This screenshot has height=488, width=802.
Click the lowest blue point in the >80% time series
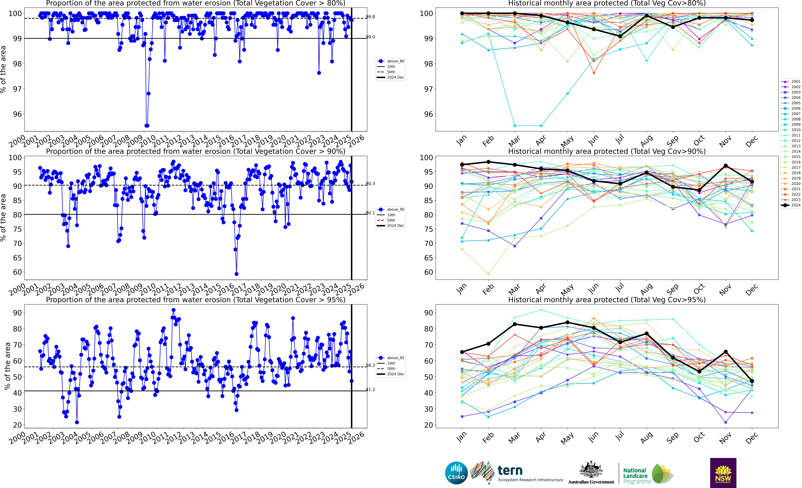tap(147, 126)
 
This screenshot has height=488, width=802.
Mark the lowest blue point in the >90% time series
tap(236, 274)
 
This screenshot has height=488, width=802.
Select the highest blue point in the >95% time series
tap(174, 310)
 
